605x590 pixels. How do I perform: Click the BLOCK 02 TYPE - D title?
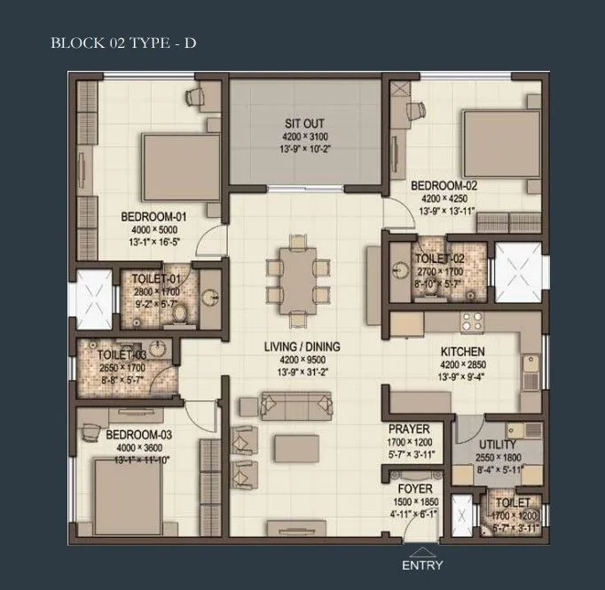click(x=122, y=42)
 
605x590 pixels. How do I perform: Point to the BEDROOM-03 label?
click(x=138, y=435)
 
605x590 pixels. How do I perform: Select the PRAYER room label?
click(x=409, y=430)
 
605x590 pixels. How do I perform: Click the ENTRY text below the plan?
click(x=422, y=564)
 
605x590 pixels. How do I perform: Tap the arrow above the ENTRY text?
click(x=422, y=551)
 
